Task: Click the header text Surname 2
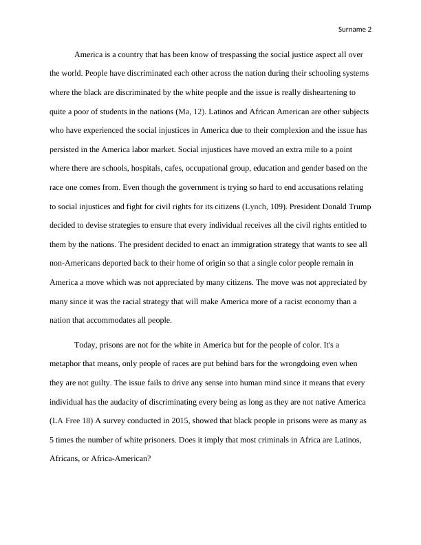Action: [355, 30]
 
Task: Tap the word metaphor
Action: [67, 363]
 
